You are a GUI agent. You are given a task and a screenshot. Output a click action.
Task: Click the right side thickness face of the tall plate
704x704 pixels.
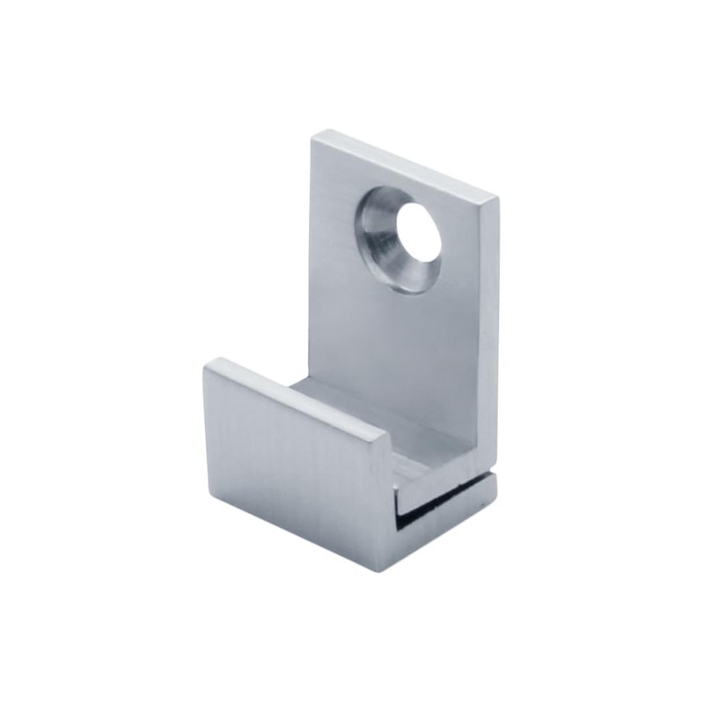coord(490,334)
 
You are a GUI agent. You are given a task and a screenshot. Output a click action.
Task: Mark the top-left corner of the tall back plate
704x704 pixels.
coord(313,135)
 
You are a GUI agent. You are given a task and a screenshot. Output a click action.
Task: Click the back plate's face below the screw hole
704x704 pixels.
coord(400,343)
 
